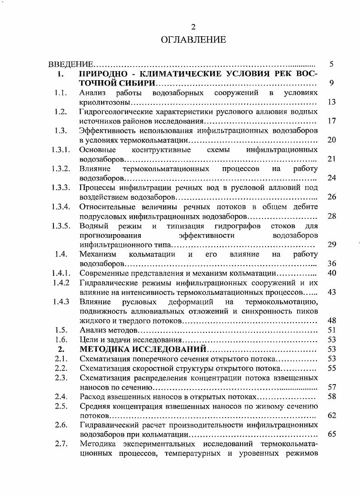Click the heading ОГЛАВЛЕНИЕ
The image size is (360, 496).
193,40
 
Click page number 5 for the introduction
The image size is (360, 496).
331,64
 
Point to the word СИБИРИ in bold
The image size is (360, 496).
137,83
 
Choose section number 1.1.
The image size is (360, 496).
61,93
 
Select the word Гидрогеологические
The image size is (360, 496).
114,112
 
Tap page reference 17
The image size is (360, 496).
331,121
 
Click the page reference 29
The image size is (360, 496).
331,245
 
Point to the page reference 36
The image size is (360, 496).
331,264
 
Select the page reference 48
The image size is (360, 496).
331,321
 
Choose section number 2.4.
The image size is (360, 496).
61,396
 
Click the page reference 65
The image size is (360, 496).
331,434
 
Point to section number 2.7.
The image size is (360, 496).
61,444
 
